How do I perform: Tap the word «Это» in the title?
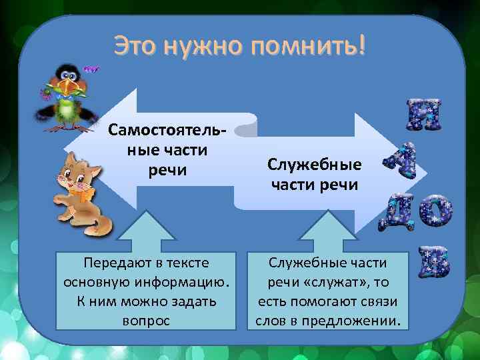[137, 46]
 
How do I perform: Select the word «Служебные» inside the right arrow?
[314, 163]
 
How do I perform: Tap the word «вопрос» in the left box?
[147, 320]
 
